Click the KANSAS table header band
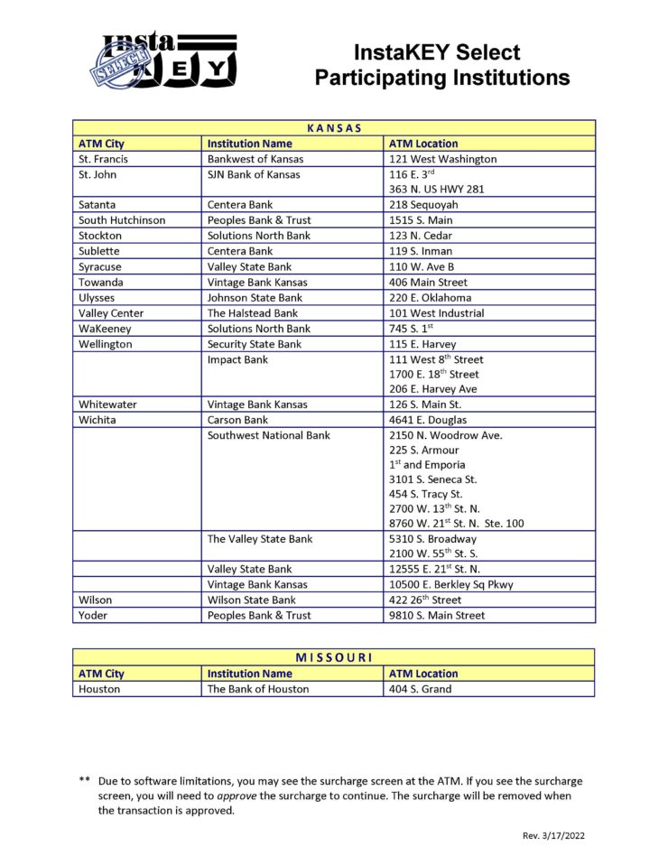click(x=334, y=128)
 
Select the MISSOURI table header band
click(x=334, y=657)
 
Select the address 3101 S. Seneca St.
click(x=433, y=480)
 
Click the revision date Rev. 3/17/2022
click(x=554, y=836)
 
